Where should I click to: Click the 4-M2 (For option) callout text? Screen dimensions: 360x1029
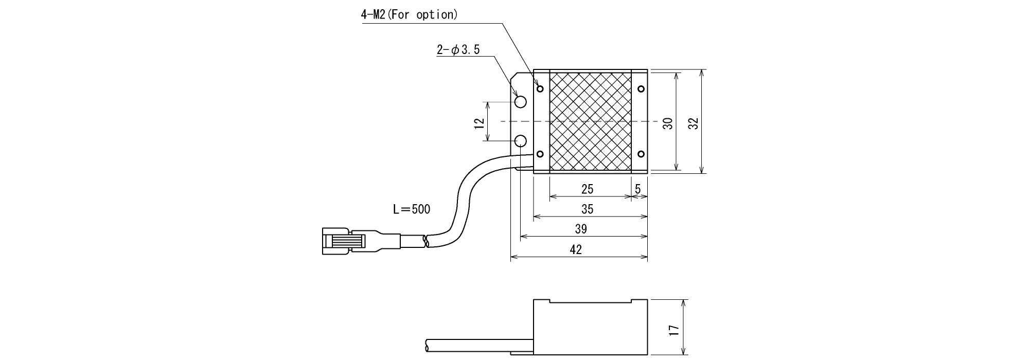click(x=409, y=14)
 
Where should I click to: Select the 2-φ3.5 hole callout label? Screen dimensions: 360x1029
click(x=458, y=50)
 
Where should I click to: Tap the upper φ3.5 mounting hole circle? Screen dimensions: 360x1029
click(x=521, y=101)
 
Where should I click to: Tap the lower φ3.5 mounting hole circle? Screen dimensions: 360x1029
click(x=521, y=141)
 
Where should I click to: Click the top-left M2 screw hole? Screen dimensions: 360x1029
click(x=540, y=89)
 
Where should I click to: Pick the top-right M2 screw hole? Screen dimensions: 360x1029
click(x=641, y=89)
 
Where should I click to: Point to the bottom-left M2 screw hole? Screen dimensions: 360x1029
click(x=540, y=154)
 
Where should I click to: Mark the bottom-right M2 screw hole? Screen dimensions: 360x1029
click(x=641, y=154)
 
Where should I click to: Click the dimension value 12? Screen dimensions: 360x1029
click(x=480, y=122)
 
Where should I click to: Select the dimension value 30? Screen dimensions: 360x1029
click(x=668, y=123)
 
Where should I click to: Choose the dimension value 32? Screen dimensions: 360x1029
click(x=694, y=123)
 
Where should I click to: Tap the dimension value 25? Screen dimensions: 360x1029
click(x=587, y=189)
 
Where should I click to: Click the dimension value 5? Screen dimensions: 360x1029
click(x=638, y=189)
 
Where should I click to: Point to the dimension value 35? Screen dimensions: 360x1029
click(x=587, y=209)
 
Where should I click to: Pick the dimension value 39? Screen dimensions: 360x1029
click(x=580, y=229)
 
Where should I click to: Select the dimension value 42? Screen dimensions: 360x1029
click(x=576, y=249)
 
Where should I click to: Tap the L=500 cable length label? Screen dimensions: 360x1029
click(x=411, y=209)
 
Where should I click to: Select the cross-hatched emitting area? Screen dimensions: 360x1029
click(x=590, y=121)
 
